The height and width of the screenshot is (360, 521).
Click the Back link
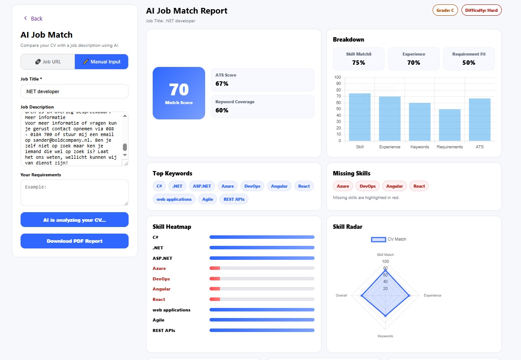click(x=33, y=18)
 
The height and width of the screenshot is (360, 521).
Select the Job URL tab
click(x=48, y=62)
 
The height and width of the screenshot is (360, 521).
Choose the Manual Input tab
click(x=101, y=62)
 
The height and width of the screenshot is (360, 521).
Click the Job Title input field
click(x=74, y=91)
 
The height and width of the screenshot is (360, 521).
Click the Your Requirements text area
click(x=74, y=192)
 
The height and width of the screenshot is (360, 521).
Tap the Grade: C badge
click(x=445, y=10)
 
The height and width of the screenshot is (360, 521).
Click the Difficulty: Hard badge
click(x=481, y=10)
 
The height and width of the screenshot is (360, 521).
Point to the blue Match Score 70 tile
click(x=178, y=93)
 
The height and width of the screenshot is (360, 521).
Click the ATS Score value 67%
click(x=222, y=84)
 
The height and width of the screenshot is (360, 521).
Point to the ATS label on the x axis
click(x=479, y=147)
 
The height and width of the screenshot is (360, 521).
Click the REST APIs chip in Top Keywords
click(x=234, y=199)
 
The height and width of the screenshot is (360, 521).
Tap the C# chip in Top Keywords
click(x=159, y=186)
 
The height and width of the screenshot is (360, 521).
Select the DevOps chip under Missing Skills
click(x=367, y=186)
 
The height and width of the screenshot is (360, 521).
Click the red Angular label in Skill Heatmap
click(x=161, y=289)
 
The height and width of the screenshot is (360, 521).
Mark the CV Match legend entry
click(x=388, y=239)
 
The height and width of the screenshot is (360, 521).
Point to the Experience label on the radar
click(x=432, y=295)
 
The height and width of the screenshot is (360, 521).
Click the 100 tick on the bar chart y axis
click(x=337, y=77)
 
